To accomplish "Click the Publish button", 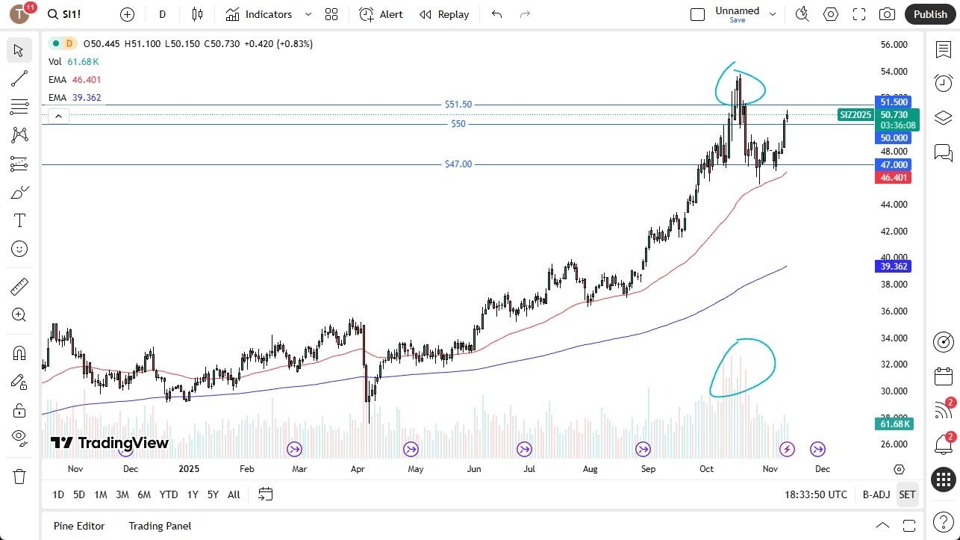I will (930, 14).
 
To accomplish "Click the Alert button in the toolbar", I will (381, 14).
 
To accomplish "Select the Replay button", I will (444, 14).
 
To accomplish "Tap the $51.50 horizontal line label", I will (458, 105).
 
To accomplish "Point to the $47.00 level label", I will (458, 164).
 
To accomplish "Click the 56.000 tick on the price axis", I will (894, 45).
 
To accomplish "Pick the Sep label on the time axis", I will (648, 469).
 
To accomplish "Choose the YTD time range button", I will (169, 494).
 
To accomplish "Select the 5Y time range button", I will (213, 494).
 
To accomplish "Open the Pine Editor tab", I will (79, 526).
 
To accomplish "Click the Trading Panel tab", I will (160, 526).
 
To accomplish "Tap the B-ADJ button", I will (876, 494).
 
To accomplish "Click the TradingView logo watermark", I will (110, 443).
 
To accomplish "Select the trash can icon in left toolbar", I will (19, 477).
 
